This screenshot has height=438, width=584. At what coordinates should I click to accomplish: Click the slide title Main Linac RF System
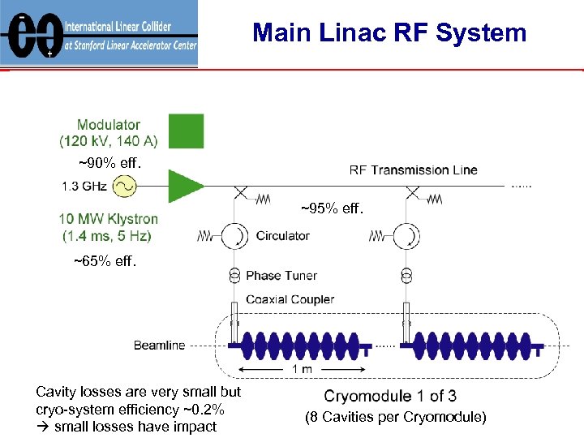coord(389,33)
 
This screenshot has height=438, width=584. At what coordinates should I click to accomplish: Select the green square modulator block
coord(186,131)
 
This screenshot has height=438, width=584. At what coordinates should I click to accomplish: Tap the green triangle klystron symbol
coord(185,187)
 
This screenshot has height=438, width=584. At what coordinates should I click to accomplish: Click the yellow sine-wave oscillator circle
coord(124,187)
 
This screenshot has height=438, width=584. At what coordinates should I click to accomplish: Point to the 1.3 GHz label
coord(84,187)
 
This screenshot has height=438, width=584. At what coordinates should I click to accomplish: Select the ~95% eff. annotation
coord(333,209)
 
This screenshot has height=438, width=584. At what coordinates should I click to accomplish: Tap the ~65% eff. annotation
coord(105,261)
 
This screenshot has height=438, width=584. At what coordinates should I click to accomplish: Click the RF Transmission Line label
coord(413,170)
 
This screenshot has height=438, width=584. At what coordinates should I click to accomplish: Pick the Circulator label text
coord(282,236)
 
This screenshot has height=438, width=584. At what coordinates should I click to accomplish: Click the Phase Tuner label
coord(281,276)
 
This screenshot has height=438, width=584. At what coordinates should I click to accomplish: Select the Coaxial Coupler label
coord(290,299)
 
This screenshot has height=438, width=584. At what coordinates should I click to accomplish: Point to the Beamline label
coord(159,346)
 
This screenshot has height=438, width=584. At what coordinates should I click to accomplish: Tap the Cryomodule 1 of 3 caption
coord(390,396)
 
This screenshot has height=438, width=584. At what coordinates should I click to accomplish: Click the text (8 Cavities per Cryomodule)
coord(395,417)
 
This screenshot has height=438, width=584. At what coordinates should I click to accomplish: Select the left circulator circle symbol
coord(235,236)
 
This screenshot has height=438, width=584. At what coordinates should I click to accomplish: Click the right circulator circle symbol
coord(407,236)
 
